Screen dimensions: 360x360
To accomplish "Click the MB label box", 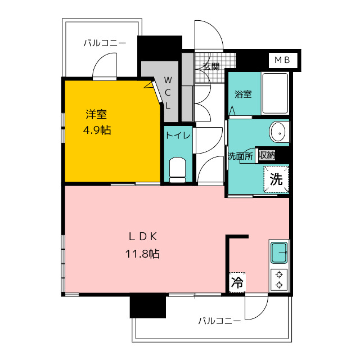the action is (283, 60).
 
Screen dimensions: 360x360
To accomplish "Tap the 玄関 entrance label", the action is (211, 66).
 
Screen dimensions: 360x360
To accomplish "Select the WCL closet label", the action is (168, 93).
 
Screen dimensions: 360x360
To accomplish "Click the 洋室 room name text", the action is (96, 114).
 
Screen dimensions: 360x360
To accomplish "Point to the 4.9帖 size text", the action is (97, 130).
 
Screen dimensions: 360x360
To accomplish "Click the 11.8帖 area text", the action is (142, 254).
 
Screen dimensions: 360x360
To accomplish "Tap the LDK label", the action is (143, 237).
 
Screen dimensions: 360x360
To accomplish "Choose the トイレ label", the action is (178, 136).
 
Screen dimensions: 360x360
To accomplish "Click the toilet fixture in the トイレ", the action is (177, 170).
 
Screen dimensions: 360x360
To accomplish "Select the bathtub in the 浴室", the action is (275, 93).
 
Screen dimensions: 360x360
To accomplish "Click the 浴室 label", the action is (243, 94).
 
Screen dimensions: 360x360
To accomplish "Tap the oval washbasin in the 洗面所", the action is (277, 133).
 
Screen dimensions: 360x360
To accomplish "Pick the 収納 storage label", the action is (267, 155).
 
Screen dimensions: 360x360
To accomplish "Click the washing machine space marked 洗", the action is (276, 179).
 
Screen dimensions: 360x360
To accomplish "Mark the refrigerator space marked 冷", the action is (237, 282).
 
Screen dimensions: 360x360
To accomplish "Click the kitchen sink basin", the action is (279, 253).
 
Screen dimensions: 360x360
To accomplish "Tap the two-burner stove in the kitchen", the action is (279, 280).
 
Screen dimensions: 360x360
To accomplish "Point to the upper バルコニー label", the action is (105, 43).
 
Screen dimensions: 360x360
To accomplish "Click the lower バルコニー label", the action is (219, 321).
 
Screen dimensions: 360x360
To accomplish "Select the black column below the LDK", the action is (148, 306).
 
